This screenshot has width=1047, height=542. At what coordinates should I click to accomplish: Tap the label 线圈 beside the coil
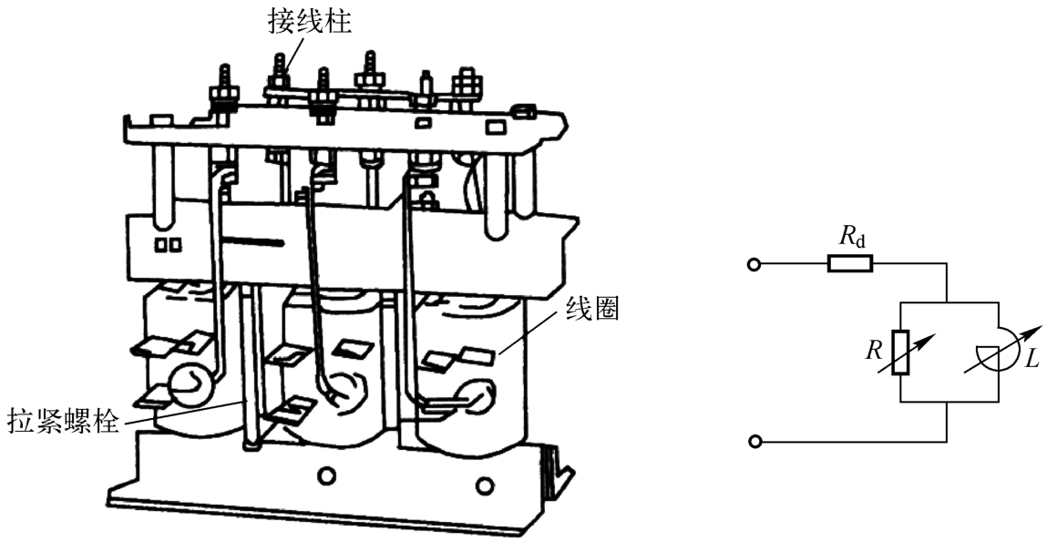pyautogui.click(x=592, y=310)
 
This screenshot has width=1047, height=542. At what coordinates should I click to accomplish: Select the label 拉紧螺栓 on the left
pyautogui.click(x=63, y=423)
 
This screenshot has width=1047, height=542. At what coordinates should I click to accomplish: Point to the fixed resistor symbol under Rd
pyautogui.click(x=849, y=264)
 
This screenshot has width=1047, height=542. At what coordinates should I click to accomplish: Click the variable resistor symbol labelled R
pyautogui.click(x=900, y=353)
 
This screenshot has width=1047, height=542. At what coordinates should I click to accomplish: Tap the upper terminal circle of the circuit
pyautogui.click(x=753, y=265)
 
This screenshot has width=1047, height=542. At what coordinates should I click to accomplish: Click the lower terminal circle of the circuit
pyautogui.click(x=753, y=442)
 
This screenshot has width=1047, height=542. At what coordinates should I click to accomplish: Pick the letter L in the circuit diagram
pyautogui.click(x=1031, y=360)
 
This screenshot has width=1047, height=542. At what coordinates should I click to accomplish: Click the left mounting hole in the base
pyautogui.click(x=323, y=475)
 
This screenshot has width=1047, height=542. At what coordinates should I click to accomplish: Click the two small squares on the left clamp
pyautogui.click(x=168, y=245)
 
